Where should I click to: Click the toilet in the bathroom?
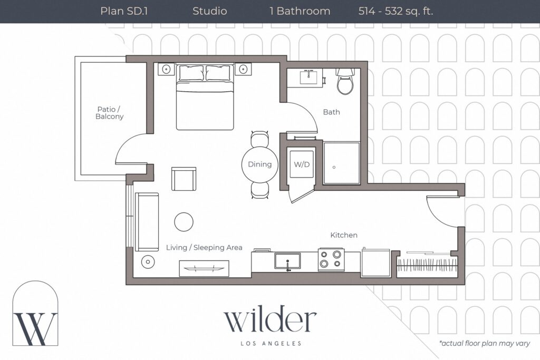[x=345, y=81]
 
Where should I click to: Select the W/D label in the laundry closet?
[x=302, y=164]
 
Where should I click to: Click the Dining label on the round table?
[x=259, y=164]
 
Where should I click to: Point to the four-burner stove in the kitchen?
[x=331, y=259]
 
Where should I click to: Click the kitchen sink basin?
[x=287, y=261]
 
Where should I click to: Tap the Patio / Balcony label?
[x=109, y=113]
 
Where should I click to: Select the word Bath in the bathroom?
[x=331, y=112]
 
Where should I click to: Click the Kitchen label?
[x=344, y=235]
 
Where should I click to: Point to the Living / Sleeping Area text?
[x=204, y=247]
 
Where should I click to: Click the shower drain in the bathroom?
[x=334, y=167]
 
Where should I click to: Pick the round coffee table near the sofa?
[x=184, y=222]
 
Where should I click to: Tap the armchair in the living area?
[x=184, y=179]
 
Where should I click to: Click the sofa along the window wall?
[x=147, y=222]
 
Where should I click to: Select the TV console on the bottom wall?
[x=204, y=268]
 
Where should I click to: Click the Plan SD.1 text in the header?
[x=124, y=11]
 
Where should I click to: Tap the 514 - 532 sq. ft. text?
[x=396, y=12]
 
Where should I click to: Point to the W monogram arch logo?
[x=35, y=313]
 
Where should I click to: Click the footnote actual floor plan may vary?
[x=485, y=343]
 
